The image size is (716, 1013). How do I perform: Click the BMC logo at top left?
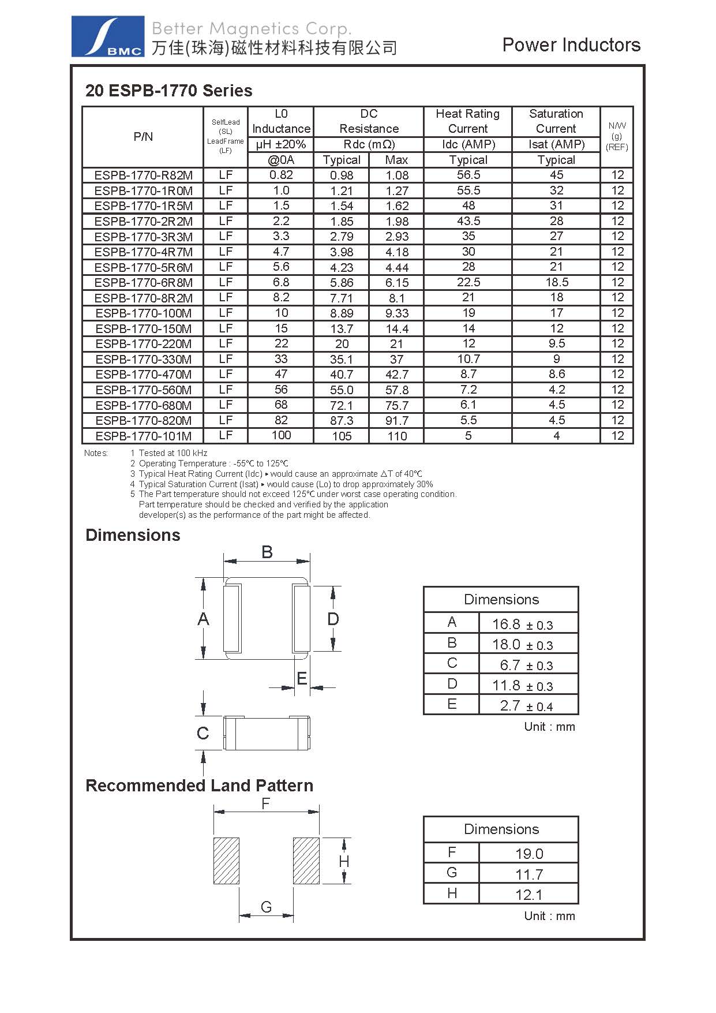pos(107,36)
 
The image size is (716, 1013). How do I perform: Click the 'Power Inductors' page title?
pos(571,45)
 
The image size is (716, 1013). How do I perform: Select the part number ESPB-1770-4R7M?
pos(143,252)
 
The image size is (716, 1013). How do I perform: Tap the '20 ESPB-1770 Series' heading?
pos(168,91)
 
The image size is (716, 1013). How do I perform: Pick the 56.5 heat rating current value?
pos(468,175)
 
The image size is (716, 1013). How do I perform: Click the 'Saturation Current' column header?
pos(556,121)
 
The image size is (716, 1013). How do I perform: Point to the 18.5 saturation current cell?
pos(556,282)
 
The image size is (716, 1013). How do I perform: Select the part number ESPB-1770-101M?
pos(143,436)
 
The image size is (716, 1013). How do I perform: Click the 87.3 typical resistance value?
pos(342,421)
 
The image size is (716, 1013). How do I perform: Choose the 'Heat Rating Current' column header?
pos(467,121)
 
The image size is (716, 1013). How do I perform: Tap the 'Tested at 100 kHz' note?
pos(173,453)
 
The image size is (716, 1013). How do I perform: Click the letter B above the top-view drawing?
pos(267,552)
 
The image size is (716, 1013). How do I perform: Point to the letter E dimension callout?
pos(301,679)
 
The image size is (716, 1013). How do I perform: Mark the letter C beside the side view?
pos(203,734)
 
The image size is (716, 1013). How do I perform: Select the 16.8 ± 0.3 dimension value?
pos(522,624)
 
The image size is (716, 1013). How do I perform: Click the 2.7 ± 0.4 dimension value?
pos(526,706)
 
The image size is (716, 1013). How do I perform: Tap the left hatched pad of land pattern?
pos(226,860)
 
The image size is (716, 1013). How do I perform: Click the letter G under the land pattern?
pos(266,907)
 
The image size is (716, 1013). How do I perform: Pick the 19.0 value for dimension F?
pos(528,854)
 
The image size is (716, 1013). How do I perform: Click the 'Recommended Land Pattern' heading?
pos(199,786)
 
